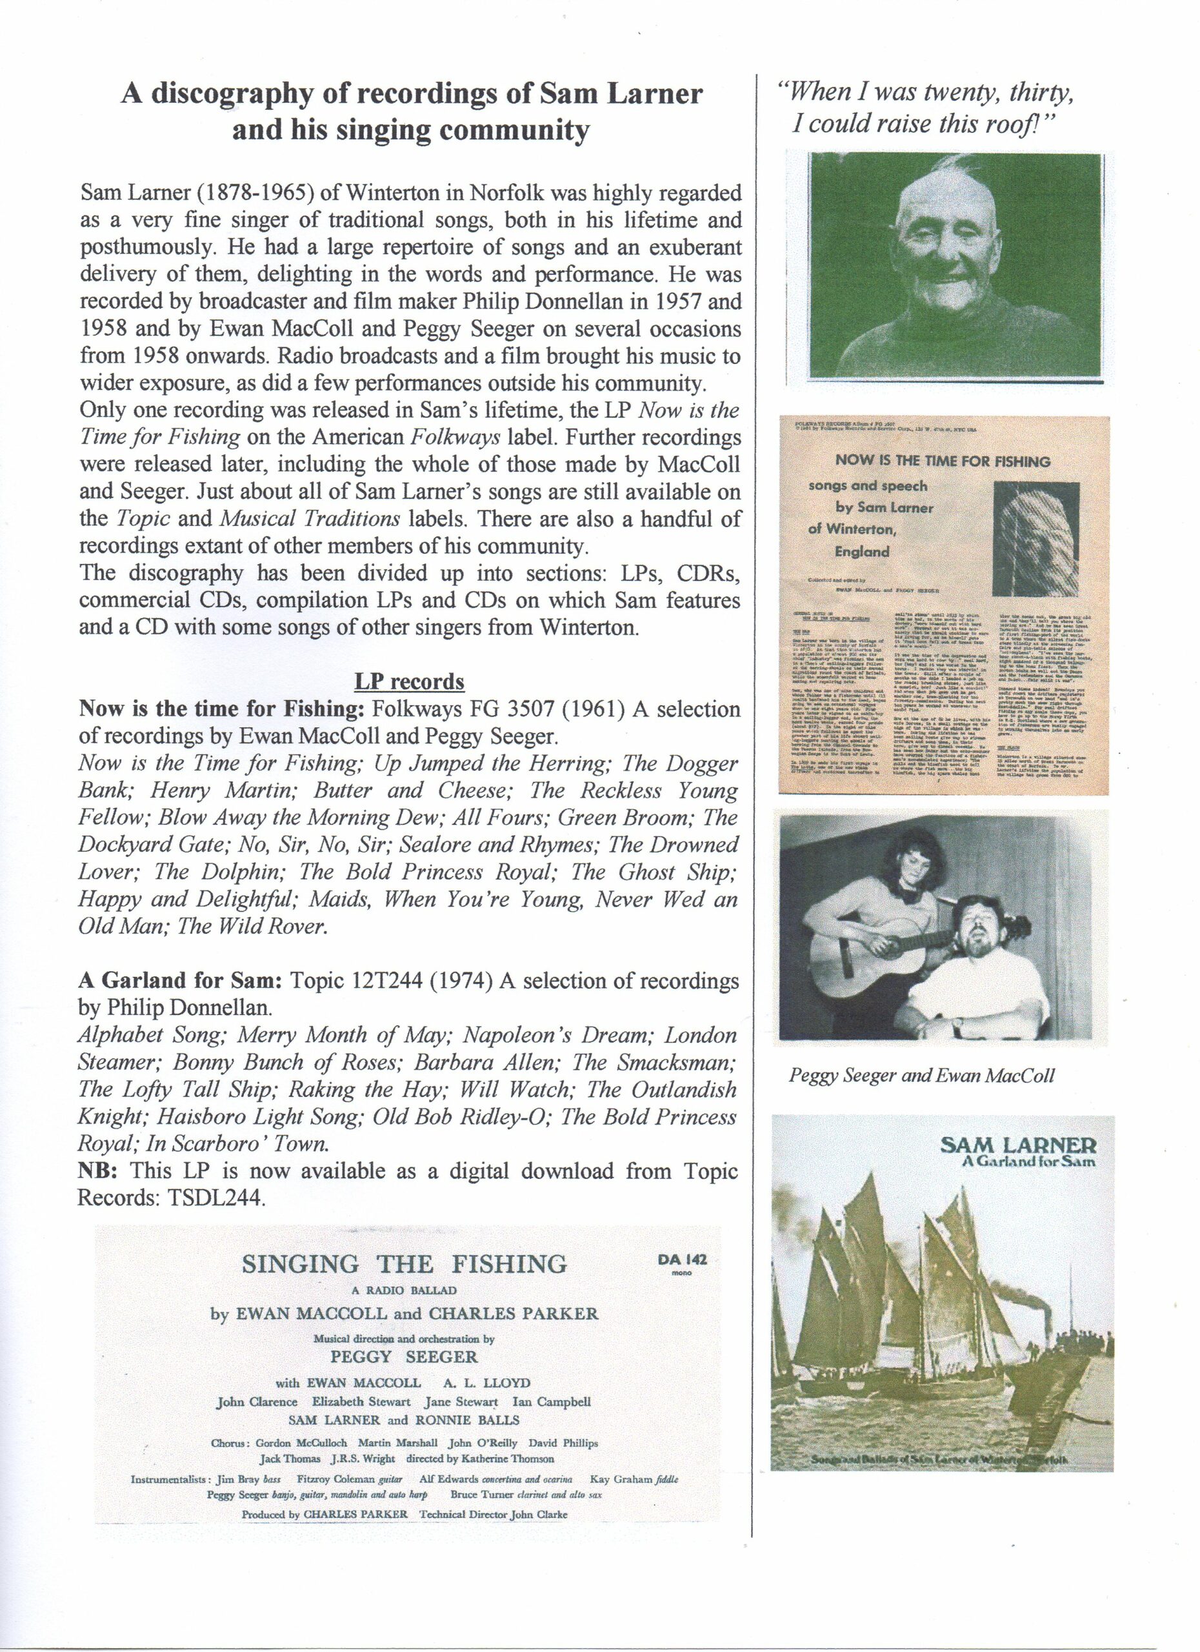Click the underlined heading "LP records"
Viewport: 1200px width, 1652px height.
point(408,682)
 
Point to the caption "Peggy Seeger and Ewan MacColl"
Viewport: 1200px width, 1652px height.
point(921,1075)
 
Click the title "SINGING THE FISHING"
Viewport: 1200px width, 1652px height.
point(404,1264)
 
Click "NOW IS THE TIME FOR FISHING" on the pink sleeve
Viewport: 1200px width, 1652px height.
point(944,461)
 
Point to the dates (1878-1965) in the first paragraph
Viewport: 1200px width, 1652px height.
point(238,194)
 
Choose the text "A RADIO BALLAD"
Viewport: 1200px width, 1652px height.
point(403,1290)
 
